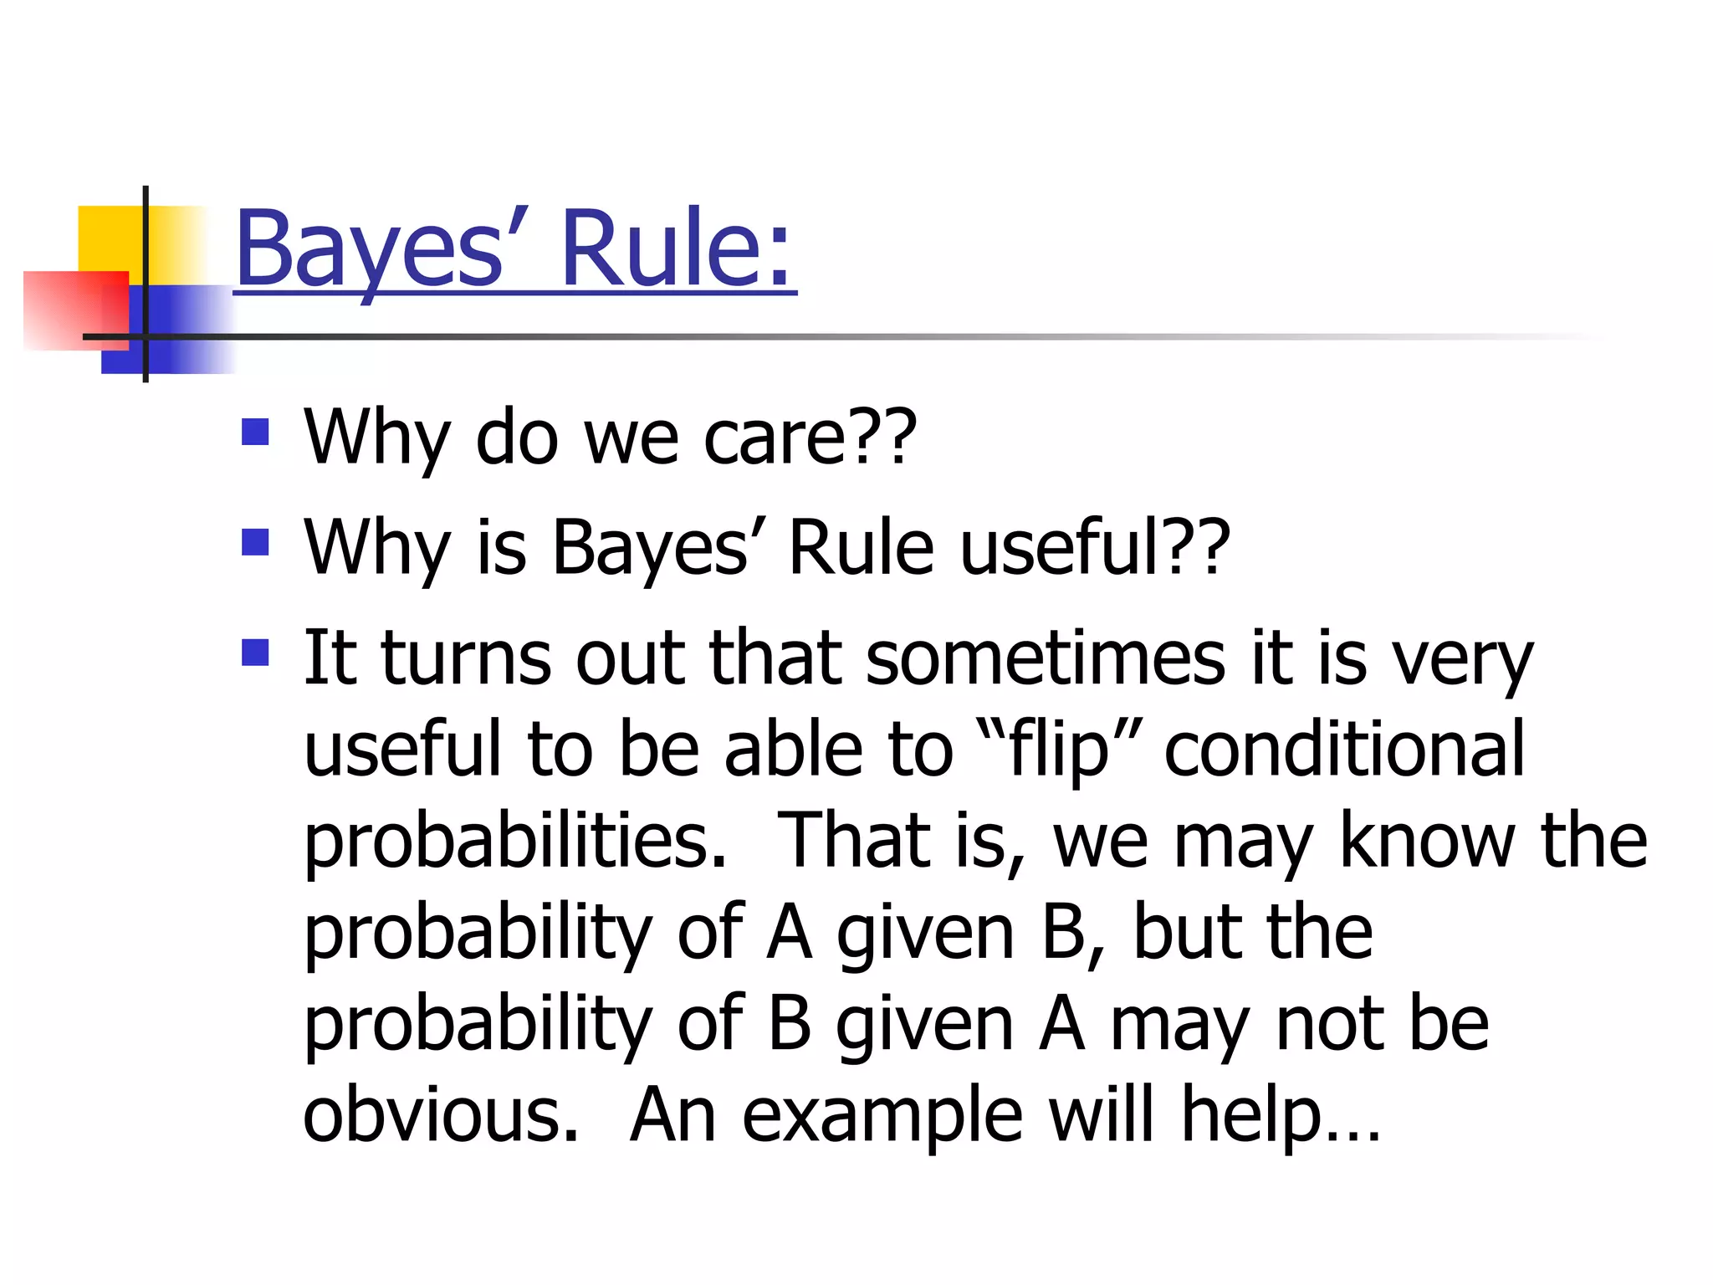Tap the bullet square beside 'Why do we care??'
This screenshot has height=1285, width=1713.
(255, 432)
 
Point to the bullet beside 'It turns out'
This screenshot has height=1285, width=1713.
(255, 653)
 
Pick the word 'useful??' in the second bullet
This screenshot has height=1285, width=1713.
(1095, 547)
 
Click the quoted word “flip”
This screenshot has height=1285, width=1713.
(1059, 749)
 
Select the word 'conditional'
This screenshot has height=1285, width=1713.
(1344, 749)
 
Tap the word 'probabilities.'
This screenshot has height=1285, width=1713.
(515, 841)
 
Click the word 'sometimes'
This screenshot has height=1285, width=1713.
(1046, 658)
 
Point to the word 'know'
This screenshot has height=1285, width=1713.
(1427, 841)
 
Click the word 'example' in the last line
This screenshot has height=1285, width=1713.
(882, 1117)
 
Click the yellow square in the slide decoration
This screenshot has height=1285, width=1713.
(109, 238)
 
